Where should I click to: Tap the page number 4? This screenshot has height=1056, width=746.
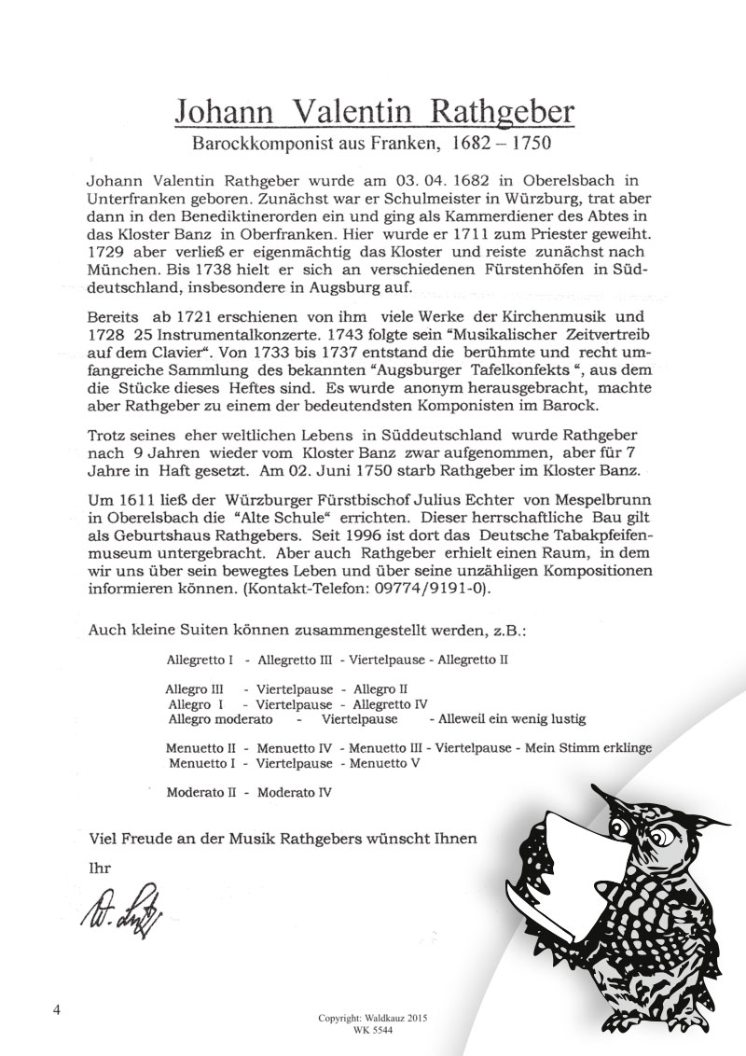[x=58, y=1013]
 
